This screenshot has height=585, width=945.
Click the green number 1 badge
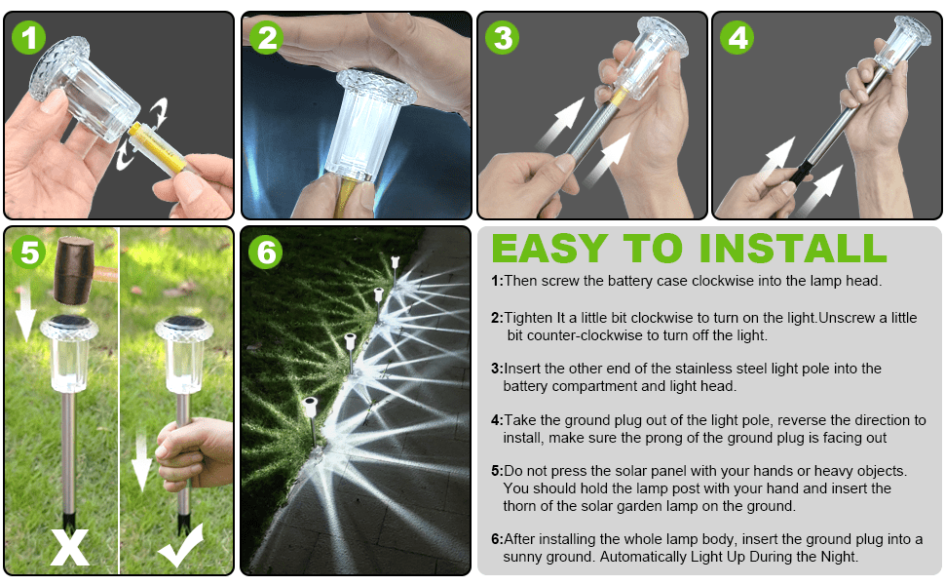click(x=28, y=38)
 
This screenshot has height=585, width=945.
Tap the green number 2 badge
click(x=266, y=38)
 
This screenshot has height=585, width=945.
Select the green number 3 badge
click(x=502, y=38)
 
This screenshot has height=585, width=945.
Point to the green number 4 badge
click(x=737, y=38)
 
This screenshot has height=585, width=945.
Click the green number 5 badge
click(x=28, y=253)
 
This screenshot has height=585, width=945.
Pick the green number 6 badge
click(x=266, y=253)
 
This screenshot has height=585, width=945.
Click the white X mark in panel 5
click(x=70, y=547)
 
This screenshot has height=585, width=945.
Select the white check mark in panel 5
click(x=181, y=545)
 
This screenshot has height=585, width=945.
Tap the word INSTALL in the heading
click(x=792, y=248)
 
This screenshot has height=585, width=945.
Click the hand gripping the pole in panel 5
click(x=194, y=453)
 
